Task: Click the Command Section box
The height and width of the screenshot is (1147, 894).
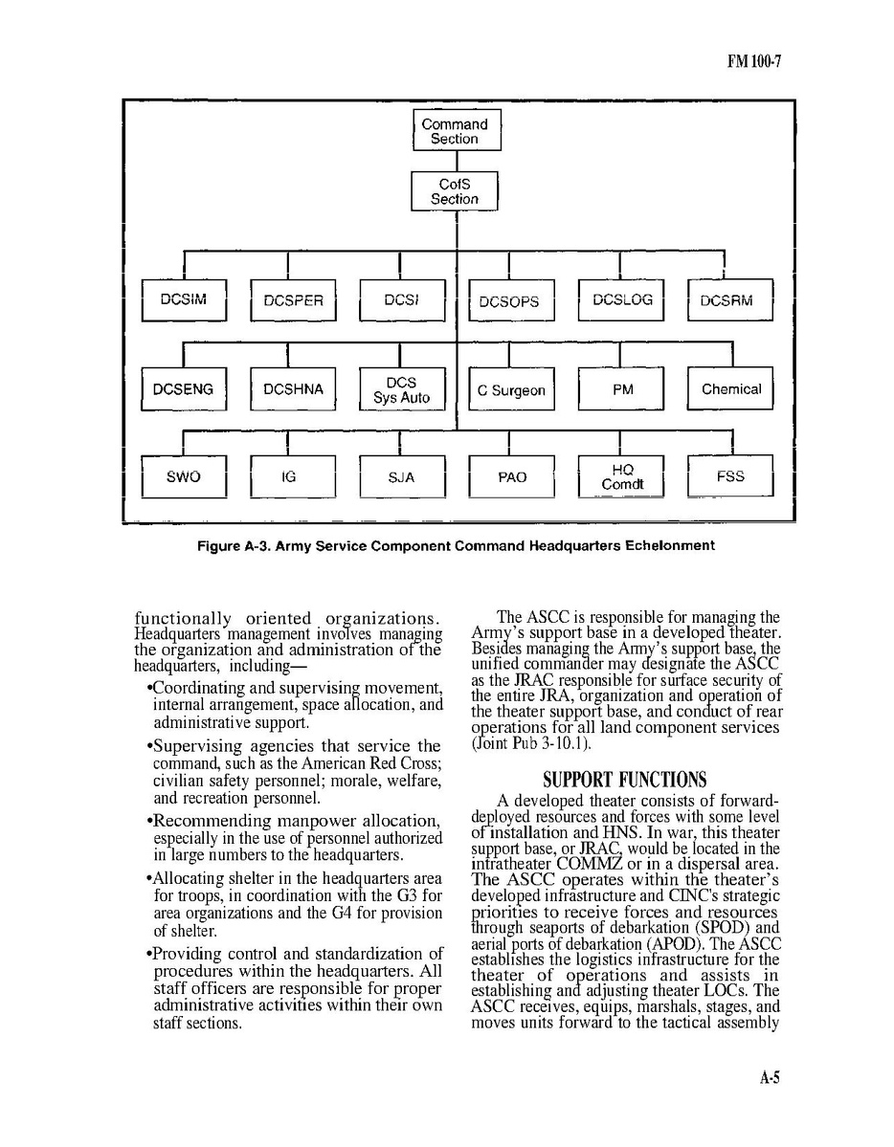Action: [456, 131]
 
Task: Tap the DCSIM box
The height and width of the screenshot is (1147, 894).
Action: [184, 300]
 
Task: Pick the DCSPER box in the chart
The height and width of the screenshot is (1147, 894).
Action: [293, 300]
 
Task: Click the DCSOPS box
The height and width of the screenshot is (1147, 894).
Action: [510, 301]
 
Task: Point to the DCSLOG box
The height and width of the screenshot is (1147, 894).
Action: [621, 300]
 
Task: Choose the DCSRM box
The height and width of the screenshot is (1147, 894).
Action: [730, 300]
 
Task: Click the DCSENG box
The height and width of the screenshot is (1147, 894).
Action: [184, 389]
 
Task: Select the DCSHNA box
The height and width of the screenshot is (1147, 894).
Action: [293, 389]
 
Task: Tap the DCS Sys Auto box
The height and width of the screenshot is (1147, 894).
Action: [402, 389]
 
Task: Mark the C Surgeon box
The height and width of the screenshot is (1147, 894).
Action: [511, 390]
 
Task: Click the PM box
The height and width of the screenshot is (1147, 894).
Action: [621, 389]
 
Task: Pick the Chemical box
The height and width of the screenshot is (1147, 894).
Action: [730, 389]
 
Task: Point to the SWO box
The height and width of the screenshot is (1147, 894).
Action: [184, 476]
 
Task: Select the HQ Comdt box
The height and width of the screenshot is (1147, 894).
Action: [621, 476]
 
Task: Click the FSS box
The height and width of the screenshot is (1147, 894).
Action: [730, 476]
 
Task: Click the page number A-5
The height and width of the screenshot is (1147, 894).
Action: [770, 1078]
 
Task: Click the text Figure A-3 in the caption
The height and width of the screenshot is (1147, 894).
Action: [231, 546]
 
